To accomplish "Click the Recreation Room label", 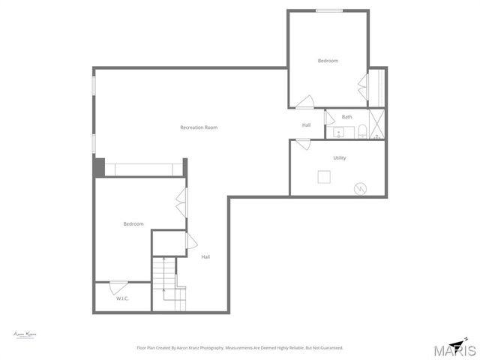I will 199,127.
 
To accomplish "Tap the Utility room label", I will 340,157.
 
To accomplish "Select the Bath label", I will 346,117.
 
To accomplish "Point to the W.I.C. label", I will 122,298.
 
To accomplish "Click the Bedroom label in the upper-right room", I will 328,61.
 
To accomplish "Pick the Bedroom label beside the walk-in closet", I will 133,223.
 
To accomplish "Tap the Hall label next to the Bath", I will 306,125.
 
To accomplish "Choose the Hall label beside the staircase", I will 205,257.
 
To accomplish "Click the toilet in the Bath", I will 361,133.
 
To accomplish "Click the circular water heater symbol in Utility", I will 361,188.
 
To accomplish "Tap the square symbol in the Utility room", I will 324,177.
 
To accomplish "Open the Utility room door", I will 303,145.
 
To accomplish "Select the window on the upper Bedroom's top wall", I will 328,10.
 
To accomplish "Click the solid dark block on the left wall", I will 98,167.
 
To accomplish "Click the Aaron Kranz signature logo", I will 25,334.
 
